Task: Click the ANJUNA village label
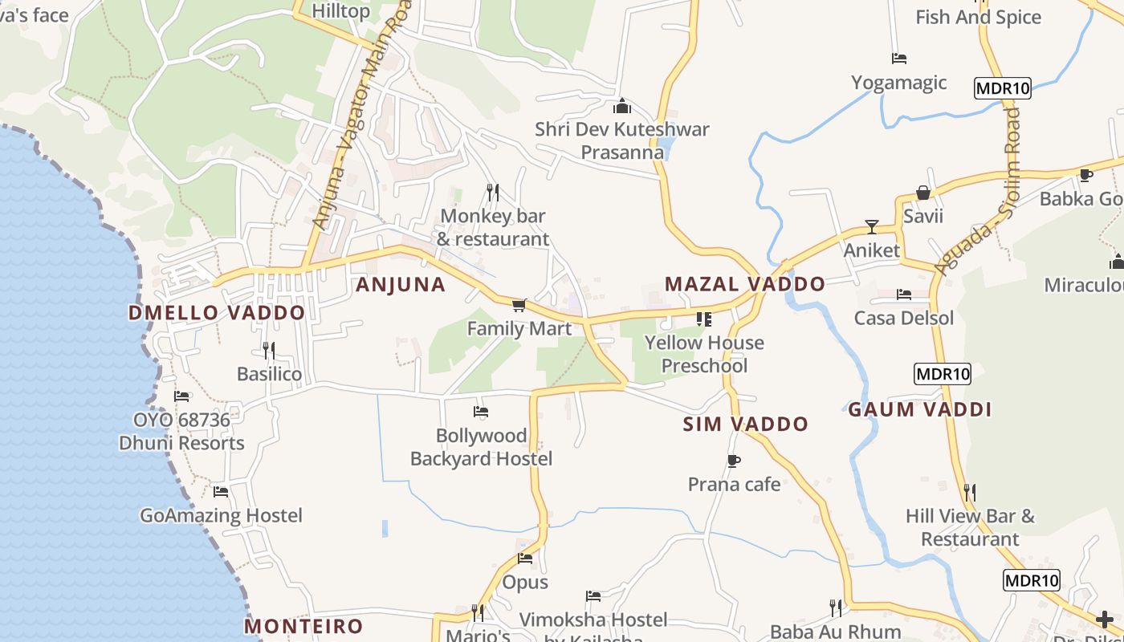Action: [x=400, y=284]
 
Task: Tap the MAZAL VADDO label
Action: [x=744, y=283]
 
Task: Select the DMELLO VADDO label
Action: [x=217, y=313]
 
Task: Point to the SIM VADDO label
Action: [x=745, y=424]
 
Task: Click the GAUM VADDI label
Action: [x=920, y=409]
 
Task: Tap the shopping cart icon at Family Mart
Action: [x=519, y=305]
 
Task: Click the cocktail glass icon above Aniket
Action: [x=871, y=227]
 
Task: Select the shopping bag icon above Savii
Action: [x=923, y=193]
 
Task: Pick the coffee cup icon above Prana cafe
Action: [x=733, y=461]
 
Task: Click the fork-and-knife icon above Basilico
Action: [x=269, y=350]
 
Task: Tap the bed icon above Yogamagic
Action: [x=899, y=59]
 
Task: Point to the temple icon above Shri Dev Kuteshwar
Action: [x=621, y=106]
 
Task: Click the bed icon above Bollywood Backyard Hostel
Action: [x=481, y=412]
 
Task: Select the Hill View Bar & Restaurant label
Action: [x=970, y=527]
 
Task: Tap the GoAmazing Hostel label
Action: [x=221, y=515]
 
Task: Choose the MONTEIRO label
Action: [x=303, y=626]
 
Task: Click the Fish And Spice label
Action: [x=978, y=17]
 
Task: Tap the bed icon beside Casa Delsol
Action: [x=904, y=295]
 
